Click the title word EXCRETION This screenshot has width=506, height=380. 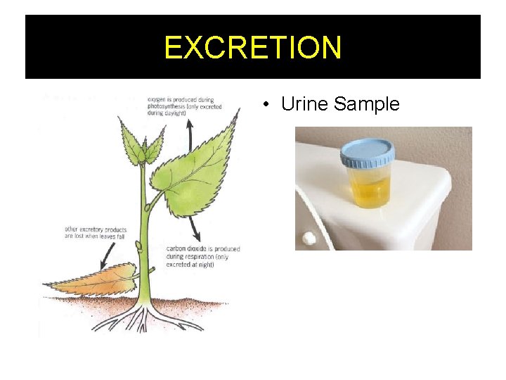pos(253,47)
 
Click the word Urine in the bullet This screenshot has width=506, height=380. pos(305,104)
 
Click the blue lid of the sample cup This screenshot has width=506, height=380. pos(368,151)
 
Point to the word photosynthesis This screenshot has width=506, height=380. pos(169,106)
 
